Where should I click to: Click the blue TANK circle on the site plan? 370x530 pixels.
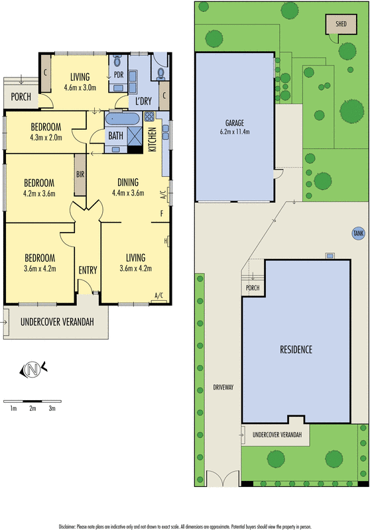(x=358, y=233)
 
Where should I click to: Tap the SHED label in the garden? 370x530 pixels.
(x=341, y=24)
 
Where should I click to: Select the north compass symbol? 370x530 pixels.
(x=33, y=369)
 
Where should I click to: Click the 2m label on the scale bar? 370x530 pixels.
(x=32, y=408)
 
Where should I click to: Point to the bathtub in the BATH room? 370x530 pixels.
(x=122, y=119)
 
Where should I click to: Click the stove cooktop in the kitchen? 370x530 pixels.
(x=149, y=117)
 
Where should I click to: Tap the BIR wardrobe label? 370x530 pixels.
(x=80, y=174)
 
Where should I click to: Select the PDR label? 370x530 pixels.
(x=119, y=75)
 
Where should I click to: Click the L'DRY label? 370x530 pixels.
(x=143, y=101)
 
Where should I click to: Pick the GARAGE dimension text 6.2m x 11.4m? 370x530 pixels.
(x=234, y=131)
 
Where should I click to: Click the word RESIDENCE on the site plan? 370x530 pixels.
(x=296, y=349)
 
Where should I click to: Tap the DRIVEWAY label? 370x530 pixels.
(x=223, y=388)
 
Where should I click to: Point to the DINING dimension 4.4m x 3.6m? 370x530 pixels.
(x=128, y=193)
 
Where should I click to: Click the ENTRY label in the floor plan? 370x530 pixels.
(x=88, y=270)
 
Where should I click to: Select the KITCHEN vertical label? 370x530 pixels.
(x=153, y=139)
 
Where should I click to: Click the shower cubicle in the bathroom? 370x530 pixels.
(x=135, y=136)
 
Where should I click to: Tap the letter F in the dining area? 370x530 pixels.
(x=162, y=213)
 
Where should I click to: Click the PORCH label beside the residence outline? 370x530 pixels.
(x=253, y=288)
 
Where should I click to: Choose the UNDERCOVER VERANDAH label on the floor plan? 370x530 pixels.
(x=57, y=322)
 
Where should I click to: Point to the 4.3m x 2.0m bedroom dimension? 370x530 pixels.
(x=46, y=138)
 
